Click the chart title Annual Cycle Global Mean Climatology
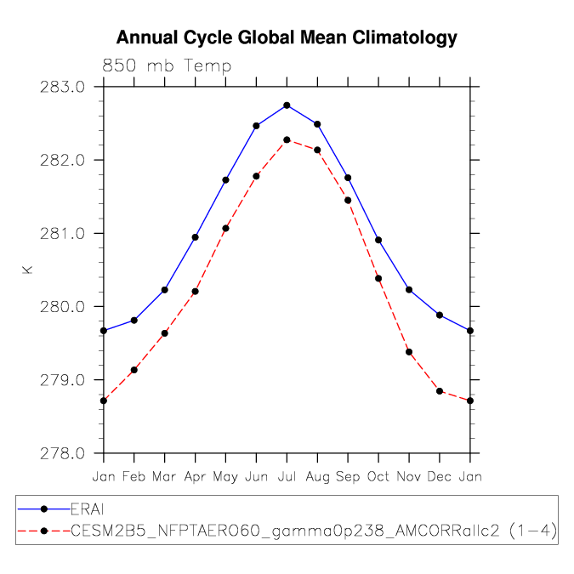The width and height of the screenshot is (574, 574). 287,37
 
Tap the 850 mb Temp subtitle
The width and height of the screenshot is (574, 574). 167,65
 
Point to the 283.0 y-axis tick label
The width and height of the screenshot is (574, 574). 62,87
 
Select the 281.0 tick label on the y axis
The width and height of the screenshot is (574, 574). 62,234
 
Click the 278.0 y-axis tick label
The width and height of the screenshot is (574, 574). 62,453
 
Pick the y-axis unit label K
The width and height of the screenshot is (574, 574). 27,270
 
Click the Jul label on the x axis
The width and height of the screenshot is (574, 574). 287,476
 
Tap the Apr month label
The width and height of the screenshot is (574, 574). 195,477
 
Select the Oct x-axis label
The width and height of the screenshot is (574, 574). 378,476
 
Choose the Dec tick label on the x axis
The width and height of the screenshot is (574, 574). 440,476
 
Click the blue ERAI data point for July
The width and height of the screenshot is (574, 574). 287,105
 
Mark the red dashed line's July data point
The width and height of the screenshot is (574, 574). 287,139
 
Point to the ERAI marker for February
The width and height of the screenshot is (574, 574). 134,321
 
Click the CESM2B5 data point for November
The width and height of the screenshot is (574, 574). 409,352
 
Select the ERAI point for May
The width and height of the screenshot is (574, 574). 225,180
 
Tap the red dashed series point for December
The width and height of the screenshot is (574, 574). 440,391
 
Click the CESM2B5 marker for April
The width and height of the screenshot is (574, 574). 195,292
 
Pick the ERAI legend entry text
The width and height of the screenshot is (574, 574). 87,509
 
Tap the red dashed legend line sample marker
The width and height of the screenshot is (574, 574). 44,531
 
